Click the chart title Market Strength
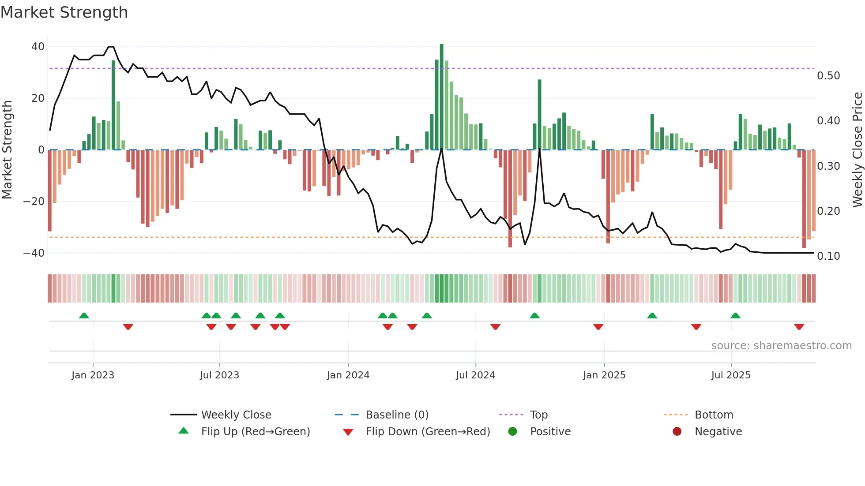pos(64,12)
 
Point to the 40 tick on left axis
pos(38,47)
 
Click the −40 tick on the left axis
pos(34,253)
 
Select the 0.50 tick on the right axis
pos(828,76)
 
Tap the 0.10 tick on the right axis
pos(828,256)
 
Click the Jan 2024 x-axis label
pos(348,375)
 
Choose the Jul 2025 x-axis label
pos(730,375)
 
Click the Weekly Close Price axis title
pos(857,150)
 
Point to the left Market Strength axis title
pos(7,150)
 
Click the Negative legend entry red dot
pos(677,432)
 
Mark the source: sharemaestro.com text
pos(781,346)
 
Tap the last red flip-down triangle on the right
pos(799,327)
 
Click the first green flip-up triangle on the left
pos(84,315)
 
